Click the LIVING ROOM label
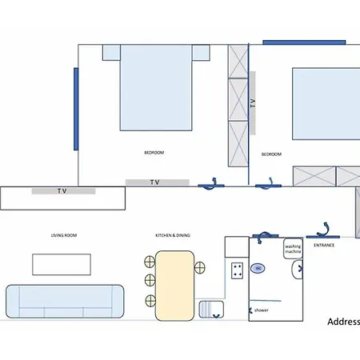coord(63,235)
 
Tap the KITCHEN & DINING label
coord(174,235)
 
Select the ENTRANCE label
coord(324,245)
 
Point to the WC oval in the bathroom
coord(258,270)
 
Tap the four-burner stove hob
coord(237,270)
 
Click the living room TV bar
coord(63,191)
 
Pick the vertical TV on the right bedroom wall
coord(253,102)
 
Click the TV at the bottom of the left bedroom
coord(157,182)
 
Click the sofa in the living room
coord(64,302)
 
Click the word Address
coord(343,322)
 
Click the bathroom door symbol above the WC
coord(263,236)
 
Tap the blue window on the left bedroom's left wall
coord(75,108)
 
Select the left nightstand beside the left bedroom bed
coord(111,52)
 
